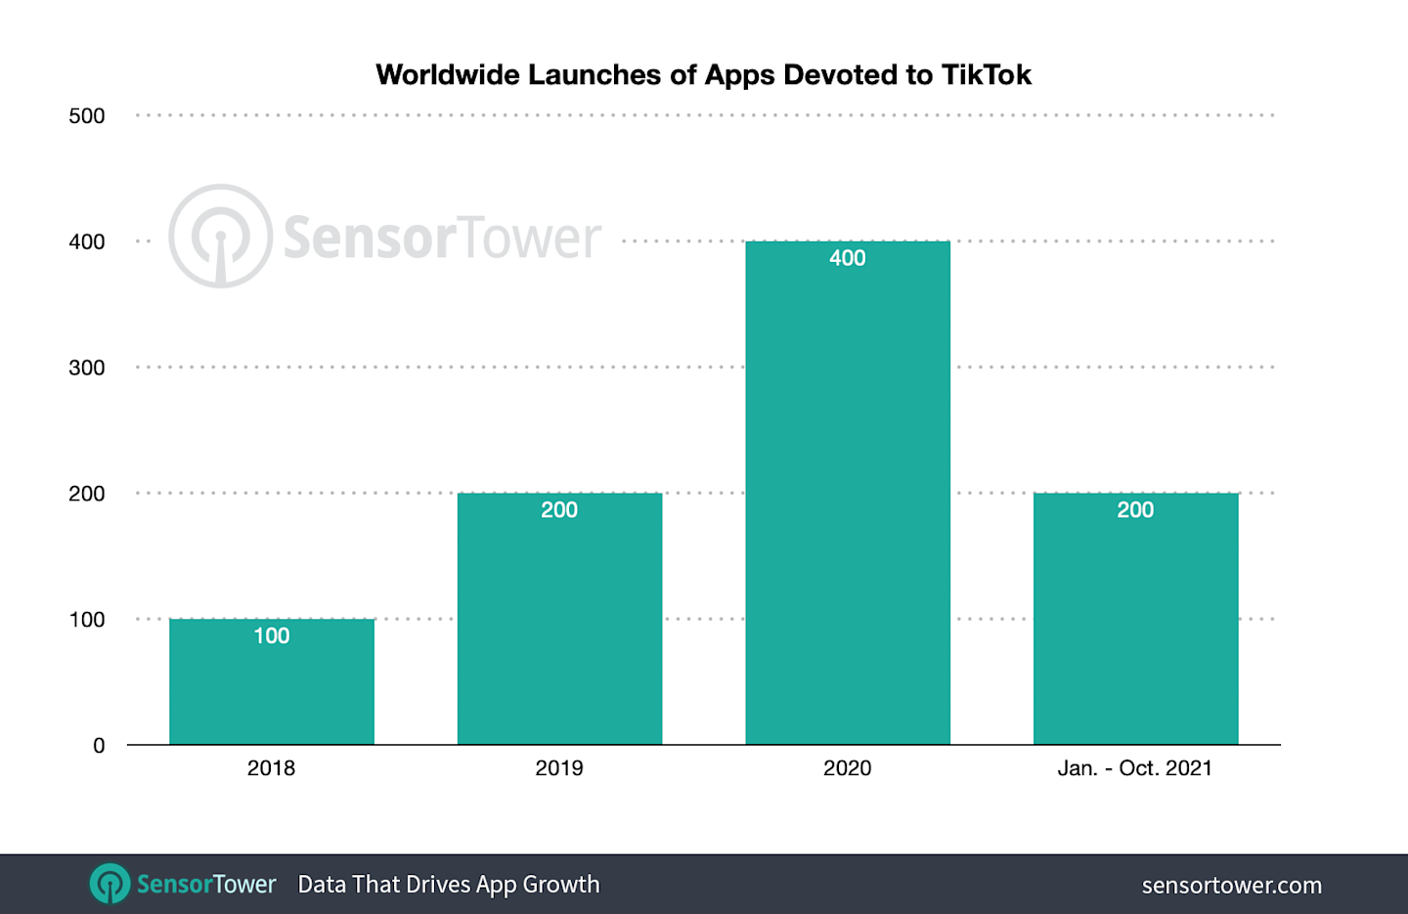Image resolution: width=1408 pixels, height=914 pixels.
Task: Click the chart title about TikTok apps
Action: pos(703,75)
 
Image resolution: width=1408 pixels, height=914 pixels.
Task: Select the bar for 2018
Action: pos(272,684)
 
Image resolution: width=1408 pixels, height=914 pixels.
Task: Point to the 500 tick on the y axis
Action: pos(87,116)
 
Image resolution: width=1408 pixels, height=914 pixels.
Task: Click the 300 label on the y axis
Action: pos(87,368)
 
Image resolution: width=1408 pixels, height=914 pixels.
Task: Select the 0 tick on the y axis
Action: pos(99,746)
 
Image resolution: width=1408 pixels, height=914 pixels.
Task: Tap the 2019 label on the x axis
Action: pos(559,768)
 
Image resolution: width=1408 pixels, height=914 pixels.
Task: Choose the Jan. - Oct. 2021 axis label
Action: pos(1134,768)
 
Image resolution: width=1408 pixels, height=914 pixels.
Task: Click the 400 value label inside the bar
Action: pos(848,258)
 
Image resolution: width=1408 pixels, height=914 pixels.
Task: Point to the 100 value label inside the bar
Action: pos(272,636)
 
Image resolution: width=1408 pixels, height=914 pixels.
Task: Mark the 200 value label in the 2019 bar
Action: pos(559,510)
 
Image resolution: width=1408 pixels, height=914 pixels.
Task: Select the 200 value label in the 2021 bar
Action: pos(1135,510)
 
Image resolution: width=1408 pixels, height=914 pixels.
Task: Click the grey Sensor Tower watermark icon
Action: pos(221,237)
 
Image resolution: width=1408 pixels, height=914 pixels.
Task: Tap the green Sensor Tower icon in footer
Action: pos(110,884)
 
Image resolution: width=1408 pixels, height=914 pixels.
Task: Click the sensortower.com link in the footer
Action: pos(1231,886)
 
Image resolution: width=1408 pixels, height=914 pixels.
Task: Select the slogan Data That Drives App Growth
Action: pos(449,885)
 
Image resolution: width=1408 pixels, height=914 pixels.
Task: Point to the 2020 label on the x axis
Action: pos(848,768)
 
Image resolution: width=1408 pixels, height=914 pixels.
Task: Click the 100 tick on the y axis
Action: pos(87,620)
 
